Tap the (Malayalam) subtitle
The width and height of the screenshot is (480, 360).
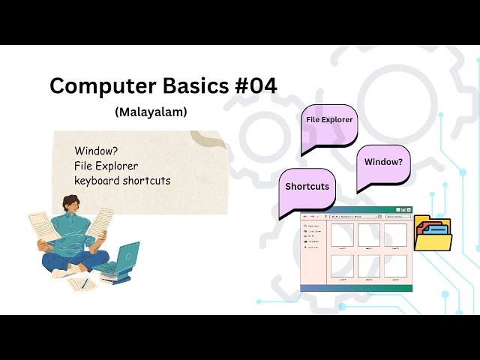(x=151, y=112)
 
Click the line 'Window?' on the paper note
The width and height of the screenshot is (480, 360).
(x=91, y=150)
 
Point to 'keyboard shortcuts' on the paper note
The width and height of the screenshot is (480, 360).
(x=122, y=180)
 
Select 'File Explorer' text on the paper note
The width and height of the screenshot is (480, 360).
(x=106, y=165)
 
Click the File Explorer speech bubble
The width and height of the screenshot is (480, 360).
(x=328, y=120)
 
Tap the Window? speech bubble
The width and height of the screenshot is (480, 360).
(x=382, y=162)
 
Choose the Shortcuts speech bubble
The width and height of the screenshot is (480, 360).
(x=307, y=187)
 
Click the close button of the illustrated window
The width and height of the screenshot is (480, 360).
(x=406, y=210)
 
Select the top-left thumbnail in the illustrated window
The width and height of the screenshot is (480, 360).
(x=341, y=235)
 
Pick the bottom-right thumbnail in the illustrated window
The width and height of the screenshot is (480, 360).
(x=394, y=266)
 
